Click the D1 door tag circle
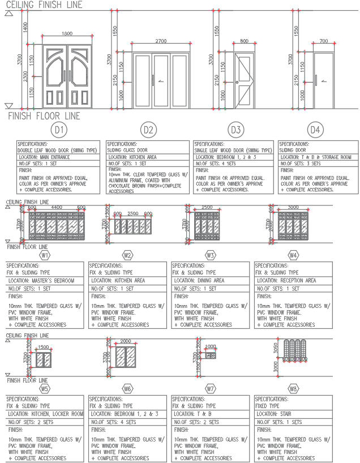click(x=59, y=130)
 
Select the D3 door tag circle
click(x=235, y=130)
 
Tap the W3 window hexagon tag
click(x=211, y=255)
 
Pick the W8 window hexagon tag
click(x=293, y=389)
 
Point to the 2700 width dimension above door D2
click(x=161, y=41)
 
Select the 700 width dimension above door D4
click(x=323, y=41)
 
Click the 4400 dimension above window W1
click(x=57, y=208)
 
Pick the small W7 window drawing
click(x=211, y=355)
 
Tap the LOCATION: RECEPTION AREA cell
click(x=287, y=280)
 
